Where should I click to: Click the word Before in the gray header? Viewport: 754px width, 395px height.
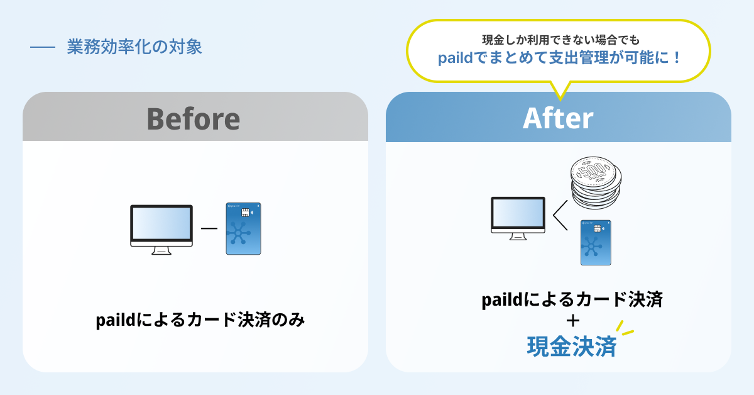pyautogui.click(x=194, y=118)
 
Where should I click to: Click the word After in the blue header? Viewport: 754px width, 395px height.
pyautogui.click(x=558, y=118)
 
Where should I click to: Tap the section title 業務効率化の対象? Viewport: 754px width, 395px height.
pyautogui.click(x=134, y=47)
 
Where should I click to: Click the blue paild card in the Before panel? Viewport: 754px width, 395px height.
pyautogui.click(x=243, y=229)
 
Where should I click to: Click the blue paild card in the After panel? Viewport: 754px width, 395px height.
pyautogui.click(x=596, y=242)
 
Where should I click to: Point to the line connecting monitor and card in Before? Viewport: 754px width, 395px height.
pyautogui.click(x=209, y=228)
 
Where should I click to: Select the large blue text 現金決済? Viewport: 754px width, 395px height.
pyautogui.click(x=571, y=347)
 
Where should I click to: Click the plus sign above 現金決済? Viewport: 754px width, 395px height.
pyautogui.click(x=572, y=321)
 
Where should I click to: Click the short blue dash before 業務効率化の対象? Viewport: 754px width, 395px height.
pyautogui.click(x=43, y=48)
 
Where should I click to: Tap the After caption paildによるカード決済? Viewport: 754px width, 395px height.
pyautogui.click(x=572, y=300)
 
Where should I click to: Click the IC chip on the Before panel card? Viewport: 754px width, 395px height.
pyautogui.click(x=244, y=213)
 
